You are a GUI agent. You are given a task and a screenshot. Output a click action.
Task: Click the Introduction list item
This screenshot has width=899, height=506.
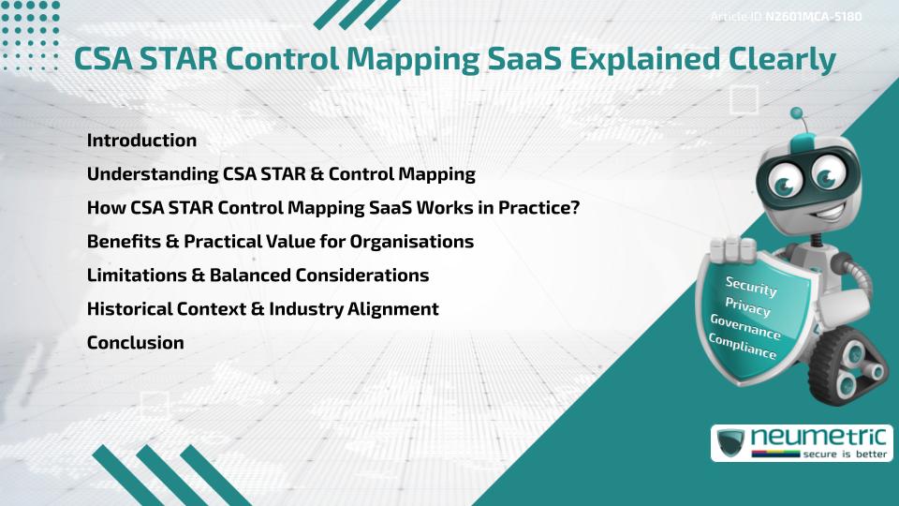click(x=141, y=141)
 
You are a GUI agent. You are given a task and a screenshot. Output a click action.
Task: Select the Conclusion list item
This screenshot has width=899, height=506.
click(x=135, y=343)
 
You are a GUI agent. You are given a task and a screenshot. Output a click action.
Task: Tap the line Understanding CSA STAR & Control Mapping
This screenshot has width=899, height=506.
click(x=281, y=174)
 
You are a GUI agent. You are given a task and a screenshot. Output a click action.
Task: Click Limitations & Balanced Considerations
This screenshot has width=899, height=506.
click(x=258, y=275)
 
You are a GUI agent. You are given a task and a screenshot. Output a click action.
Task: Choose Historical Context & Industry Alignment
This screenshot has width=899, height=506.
click(x=262, y=309)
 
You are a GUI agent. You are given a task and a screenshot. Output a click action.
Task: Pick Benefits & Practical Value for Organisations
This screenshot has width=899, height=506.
click(x=280, y=242)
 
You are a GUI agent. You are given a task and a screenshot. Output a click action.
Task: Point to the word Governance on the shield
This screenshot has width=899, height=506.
click(x=744, y=327)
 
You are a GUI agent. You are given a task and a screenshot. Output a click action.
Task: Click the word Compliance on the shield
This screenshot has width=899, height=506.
click(x=743, y=347)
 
